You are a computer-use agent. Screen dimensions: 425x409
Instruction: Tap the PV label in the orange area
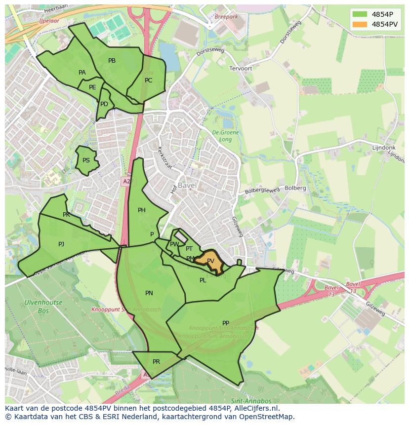(x=211, y=261)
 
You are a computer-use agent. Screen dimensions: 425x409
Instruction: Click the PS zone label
(x=86, y=160)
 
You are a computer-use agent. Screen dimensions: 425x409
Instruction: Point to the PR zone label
(x=156, y=362)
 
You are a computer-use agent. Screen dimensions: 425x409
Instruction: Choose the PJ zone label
(x=61, y=244)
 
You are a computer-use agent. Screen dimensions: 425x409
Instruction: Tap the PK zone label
(x=66, y=215)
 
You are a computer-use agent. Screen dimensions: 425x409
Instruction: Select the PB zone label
(x=112, y=61)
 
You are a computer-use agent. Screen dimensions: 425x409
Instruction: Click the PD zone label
(x=104, y=104)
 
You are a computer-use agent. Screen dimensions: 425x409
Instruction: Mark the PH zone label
(x=142, y=210)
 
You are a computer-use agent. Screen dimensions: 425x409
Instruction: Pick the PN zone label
(x=149, y=293)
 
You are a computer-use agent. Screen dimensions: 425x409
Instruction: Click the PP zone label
(x=226, y=323)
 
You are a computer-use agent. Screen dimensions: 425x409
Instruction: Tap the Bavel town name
(x=187, y=186)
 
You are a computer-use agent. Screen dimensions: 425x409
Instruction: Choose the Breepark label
(x=226, y=16)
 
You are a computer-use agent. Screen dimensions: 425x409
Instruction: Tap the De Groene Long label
(x=225, y=136)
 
